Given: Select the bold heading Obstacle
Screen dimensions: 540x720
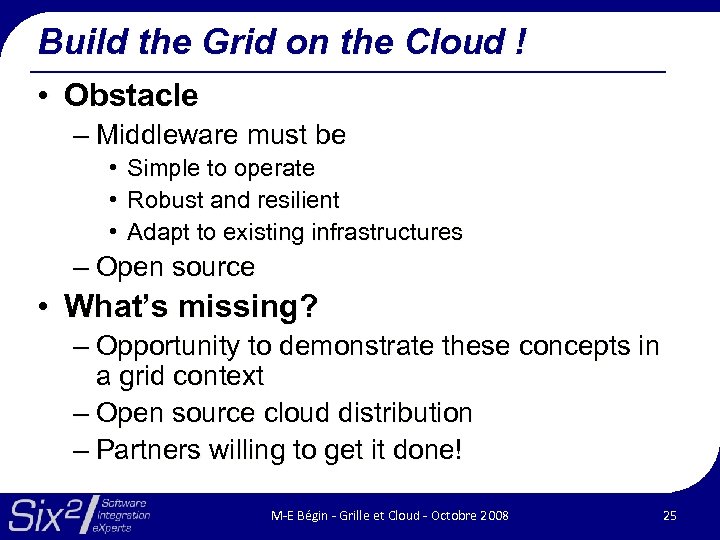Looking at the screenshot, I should [x=131, y=96].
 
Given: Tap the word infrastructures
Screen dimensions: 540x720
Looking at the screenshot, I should [x=387, y=233].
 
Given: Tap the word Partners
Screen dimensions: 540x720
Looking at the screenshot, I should [x=149, y=450].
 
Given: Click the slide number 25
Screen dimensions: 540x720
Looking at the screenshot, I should [x=669, y=515].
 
